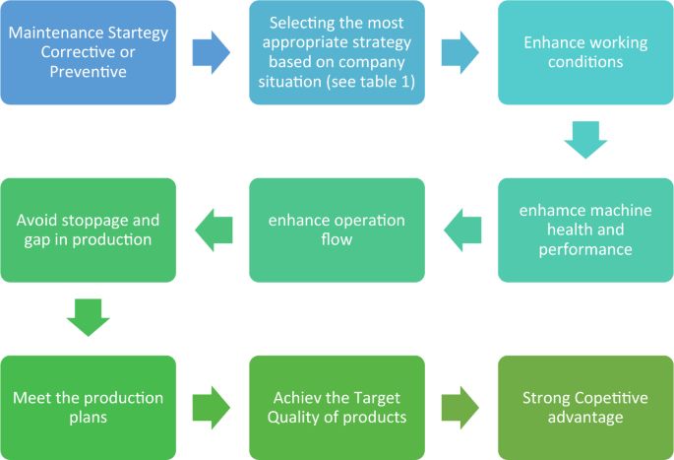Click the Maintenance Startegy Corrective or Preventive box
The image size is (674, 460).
89,52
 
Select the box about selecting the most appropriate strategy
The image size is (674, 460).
337,52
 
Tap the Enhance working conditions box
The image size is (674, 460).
585,52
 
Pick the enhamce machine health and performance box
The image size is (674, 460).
585,230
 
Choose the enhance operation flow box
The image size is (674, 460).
337,230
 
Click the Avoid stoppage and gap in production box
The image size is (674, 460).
89,230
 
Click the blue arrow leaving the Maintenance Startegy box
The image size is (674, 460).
212,52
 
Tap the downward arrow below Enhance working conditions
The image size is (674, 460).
585,141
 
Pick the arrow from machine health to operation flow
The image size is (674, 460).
460,230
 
